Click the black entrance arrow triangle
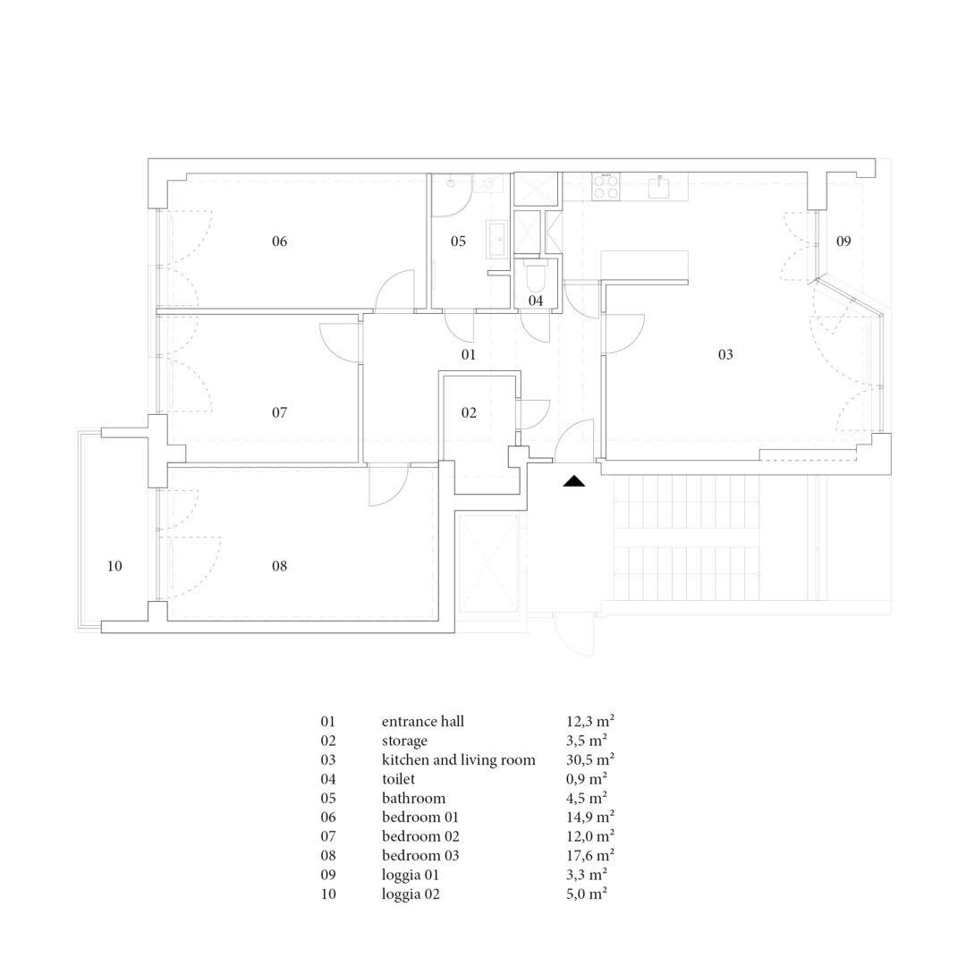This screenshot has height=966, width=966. point(573,481)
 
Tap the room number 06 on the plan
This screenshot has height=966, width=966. point(280,241)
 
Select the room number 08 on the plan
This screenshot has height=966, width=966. point(280,565)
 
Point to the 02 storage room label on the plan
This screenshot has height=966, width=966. point(469,412)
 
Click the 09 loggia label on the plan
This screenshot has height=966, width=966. point(843,241)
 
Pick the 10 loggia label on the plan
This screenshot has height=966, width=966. point(114,565)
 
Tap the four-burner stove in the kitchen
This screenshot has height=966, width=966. point(606,186)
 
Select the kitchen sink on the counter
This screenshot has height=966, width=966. point(660,187)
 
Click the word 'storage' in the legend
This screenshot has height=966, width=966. point(404,741)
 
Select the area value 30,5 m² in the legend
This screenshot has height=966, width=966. point(590,759)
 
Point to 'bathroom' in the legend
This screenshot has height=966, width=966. point(413,798)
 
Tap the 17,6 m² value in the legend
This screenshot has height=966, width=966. point(590,855)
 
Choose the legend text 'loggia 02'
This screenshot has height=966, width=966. point(411,894)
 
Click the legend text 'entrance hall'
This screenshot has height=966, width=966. point(422,722)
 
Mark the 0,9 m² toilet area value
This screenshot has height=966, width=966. point(587,779)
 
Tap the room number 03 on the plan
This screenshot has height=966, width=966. point(725,354)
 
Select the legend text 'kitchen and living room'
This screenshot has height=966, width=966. point(458,759)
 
